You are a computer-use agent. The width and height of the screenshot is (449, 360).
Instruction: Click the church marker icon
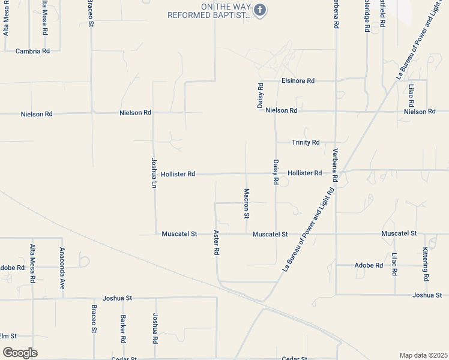click(260, 10)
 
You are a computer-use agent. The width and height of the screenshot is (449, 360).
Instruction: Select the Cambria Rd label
click(32, 52)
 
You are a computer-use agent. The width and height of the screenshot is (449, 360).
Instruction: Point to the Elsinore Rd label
click(298, 80)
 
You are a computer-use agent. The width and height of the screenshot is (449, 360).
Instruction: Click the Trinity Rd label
click(306, 143)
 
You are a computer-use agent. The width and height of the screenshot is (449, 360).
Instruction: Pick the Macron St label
click(246, 203)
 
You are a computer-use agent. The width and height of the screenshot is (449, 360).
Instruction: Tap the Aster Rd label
click(216, 242)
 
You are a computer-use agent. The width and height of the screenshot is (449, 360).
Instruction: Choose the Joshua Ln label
click(154, 173)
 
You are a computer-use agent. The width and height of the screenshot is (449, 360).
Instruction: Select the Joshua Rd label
click(155, 328)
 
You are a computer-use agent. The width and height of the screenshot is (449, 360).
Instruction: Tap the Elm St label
click(8, 336)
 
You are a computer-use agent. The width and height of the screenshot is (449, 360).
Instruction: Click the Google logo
click(20, 353)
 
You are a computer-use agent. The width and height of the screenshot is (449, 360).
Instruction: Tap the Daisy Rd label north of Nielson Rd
click(261, 95)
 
